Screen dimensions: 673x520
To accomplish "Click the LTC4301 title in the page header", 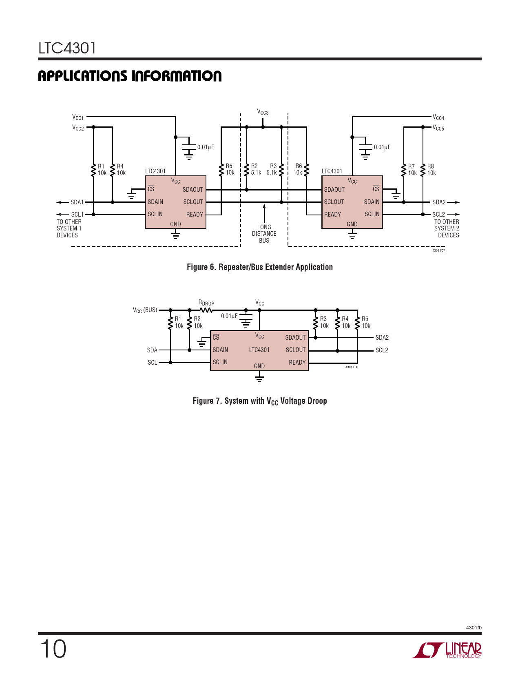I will pyautogui.click(x=67, y=48).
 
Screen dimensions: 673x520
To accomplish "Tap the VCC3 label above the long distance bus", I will pyautogui.click(x=263, y=112).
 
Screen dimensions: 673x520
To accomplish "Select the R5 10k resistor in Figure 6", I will pyautogui.click(x=221, y=169).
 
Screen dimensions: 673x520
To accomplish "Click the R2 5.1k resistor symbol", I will pyautogui.click(x=247, y=169).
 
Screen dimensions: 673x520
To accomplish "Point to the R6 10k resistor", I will pyautogui.click(x=306, y=169).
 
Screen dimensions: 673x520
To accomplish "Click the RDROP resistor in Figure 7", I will pyautogui.click(x=206, y=310).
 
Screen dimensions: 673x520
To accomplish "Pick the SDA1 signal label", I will pyautogui.click(x=77, y=202).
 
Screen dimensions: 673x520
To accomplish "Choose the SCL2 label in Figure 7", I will pyautogui.click(x=382, y=350).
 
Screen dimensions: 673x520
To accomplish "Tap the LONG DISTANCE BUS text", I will pyautogui.click(x=264, y=234).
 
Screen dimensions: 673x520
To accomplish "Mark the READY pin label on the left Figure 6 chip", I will pyautogui.click(x=195, y=215).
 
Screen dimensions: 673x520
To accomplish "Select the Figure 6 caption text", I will pyautogui.click(x=260, y=267).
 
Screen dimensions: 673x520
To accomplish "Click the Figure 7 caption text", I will pyautogui.click(x=260, y=401).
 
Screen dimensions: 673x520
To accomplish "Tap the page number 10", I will pyautogui.click(x=53, y=649).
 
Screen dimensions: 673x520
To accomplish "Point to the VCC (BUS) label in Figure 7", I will pyautogui.click(x=145, y=310).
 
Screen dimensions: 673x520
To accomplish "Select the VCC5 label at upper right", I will pyautogui.click(x=438, y=128).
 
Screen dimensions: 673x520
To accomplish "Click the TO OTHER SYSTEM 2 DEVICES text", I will pyautogui.click(x=447, y=228).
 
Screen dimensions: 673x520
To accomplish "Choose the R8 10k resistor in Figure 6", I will pyautogui.click(x=423, y=169).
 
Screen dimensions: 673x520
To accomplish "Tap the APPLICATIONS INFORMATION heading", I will pyautogui.click(x=130, y=76).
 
